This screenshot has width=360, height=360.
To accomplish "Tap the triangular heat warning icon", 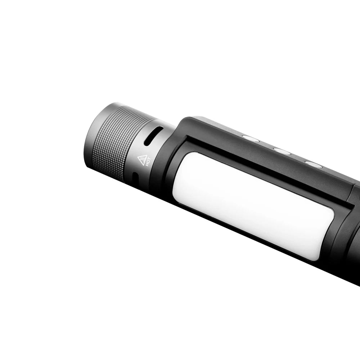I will (x=142, y=158).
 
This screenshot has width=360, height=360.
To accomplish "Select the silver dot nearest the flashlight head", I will (x=251, y=138).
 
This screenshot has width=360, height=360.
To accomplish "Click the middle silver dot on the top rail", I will (x=282, y=151).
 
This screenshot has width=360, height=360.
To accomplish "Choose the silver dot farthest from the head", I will (x=314, y=165).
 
